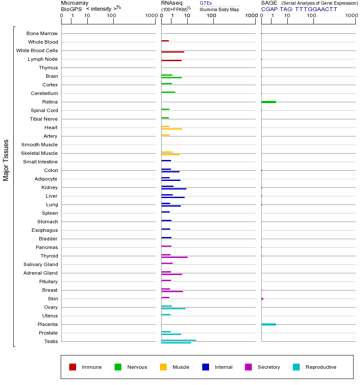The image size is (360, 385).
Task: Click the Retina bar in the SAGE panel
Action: pyautogui.click(x=269, y=102)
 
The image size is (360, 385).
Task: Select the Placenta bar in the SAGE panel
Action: pyautogui.click(x=269, y=324)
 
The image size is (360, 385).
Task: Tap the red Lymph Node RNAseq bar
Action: pyautogui.click(x=171, y=60)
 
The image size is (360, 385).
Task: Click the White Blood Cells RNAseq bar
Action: pyautogui.click(x=173, y=52)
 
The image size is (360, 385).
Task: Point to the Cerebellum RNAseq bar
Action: pyautogui.click(x=168, y=92)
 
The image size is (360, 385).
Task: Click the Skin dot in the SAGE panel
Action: pyautogui.click(x=262, y=299)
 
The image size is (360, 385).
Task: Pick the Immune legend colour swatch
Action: pyautogui.click(x=73, y=367)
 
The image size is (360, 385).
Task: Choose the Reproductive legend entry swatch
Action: pyautogui.click(x=296, y=367)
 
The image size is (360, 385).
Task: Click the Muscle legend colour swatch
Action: pyautogui.click(x=163, y=367)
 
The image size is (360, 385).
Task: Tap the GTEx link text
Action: pyautogui.click(x=206, y=3)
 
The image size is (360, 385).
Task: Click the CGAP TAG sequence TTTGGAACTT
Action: pyautogui.click(x=316, y=9)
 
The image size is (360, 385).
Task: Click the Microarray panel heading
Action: pyautogui.click(x=75, y=3)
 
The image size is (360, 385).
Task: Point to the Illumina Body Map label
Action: pyautogui.click(x=219, y=9)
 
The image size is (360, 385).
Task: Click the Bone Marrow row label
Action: pyautogui.click(x=42, y=33)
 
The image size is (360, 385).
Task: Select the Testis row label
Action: pyautogui.click(x=51, y=341)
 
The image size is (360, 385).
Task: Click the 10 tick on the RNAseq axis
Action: pyautogui.click(x=187, y=16)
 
